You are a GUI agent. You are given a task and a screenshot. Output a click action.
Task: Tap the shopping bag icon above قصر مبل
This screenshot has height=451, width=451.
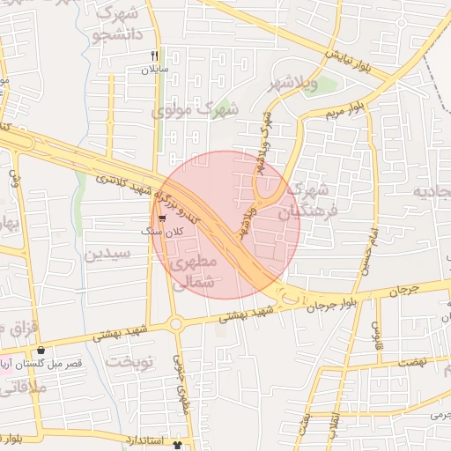pos(41,351)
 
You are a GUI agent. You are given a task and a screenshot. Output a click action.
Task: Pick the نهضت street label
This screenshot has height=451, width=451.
pos(412,362)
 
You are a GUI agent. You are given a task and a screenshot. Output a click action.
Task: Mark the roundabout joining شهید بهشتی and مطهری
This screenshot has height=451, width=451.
pos(176,324)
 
